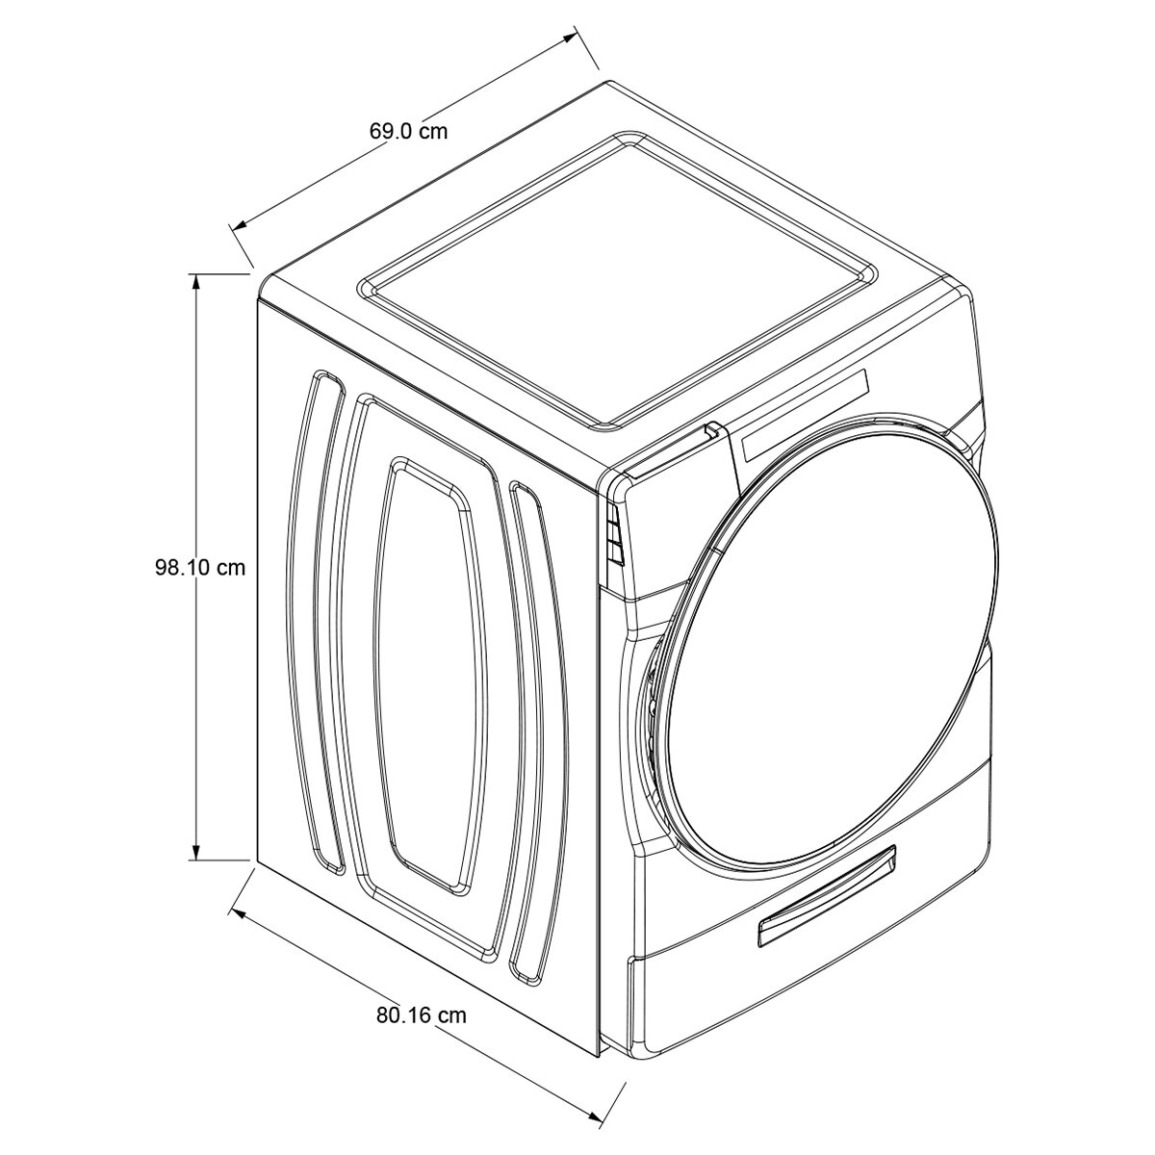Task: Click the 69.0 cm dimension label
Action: tap(408, 131)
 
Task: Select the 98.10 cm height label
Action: tap(200, 568)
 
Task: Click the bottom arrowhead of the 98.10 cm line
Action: tap(197, 853)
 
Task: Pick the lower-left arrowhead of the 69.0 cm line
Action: tap(239, 225)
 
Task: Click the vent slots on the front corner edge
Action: tap(613, 536)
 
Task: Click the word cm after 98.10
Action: tap(230, 568)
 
